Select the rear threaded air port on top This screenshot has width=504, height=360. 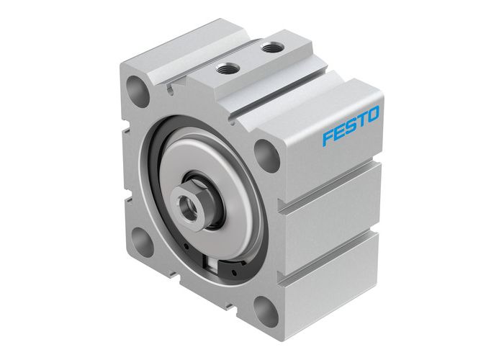click(271, 48)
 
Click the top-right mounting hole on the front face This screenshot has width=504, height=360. click(266, 155)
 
